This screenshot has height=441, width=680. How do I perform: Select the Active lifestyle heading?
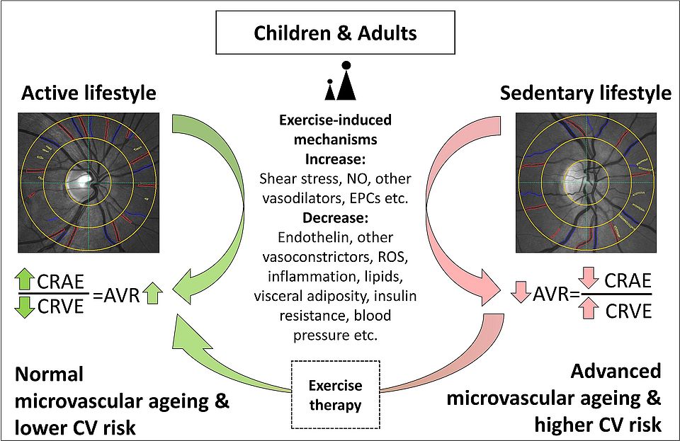pos(89,93)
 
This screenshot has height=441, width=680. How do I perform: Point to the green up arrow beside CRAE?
pos(25,282)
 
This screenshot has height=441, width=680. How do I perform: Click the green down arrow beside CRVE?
pos(25,307)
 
